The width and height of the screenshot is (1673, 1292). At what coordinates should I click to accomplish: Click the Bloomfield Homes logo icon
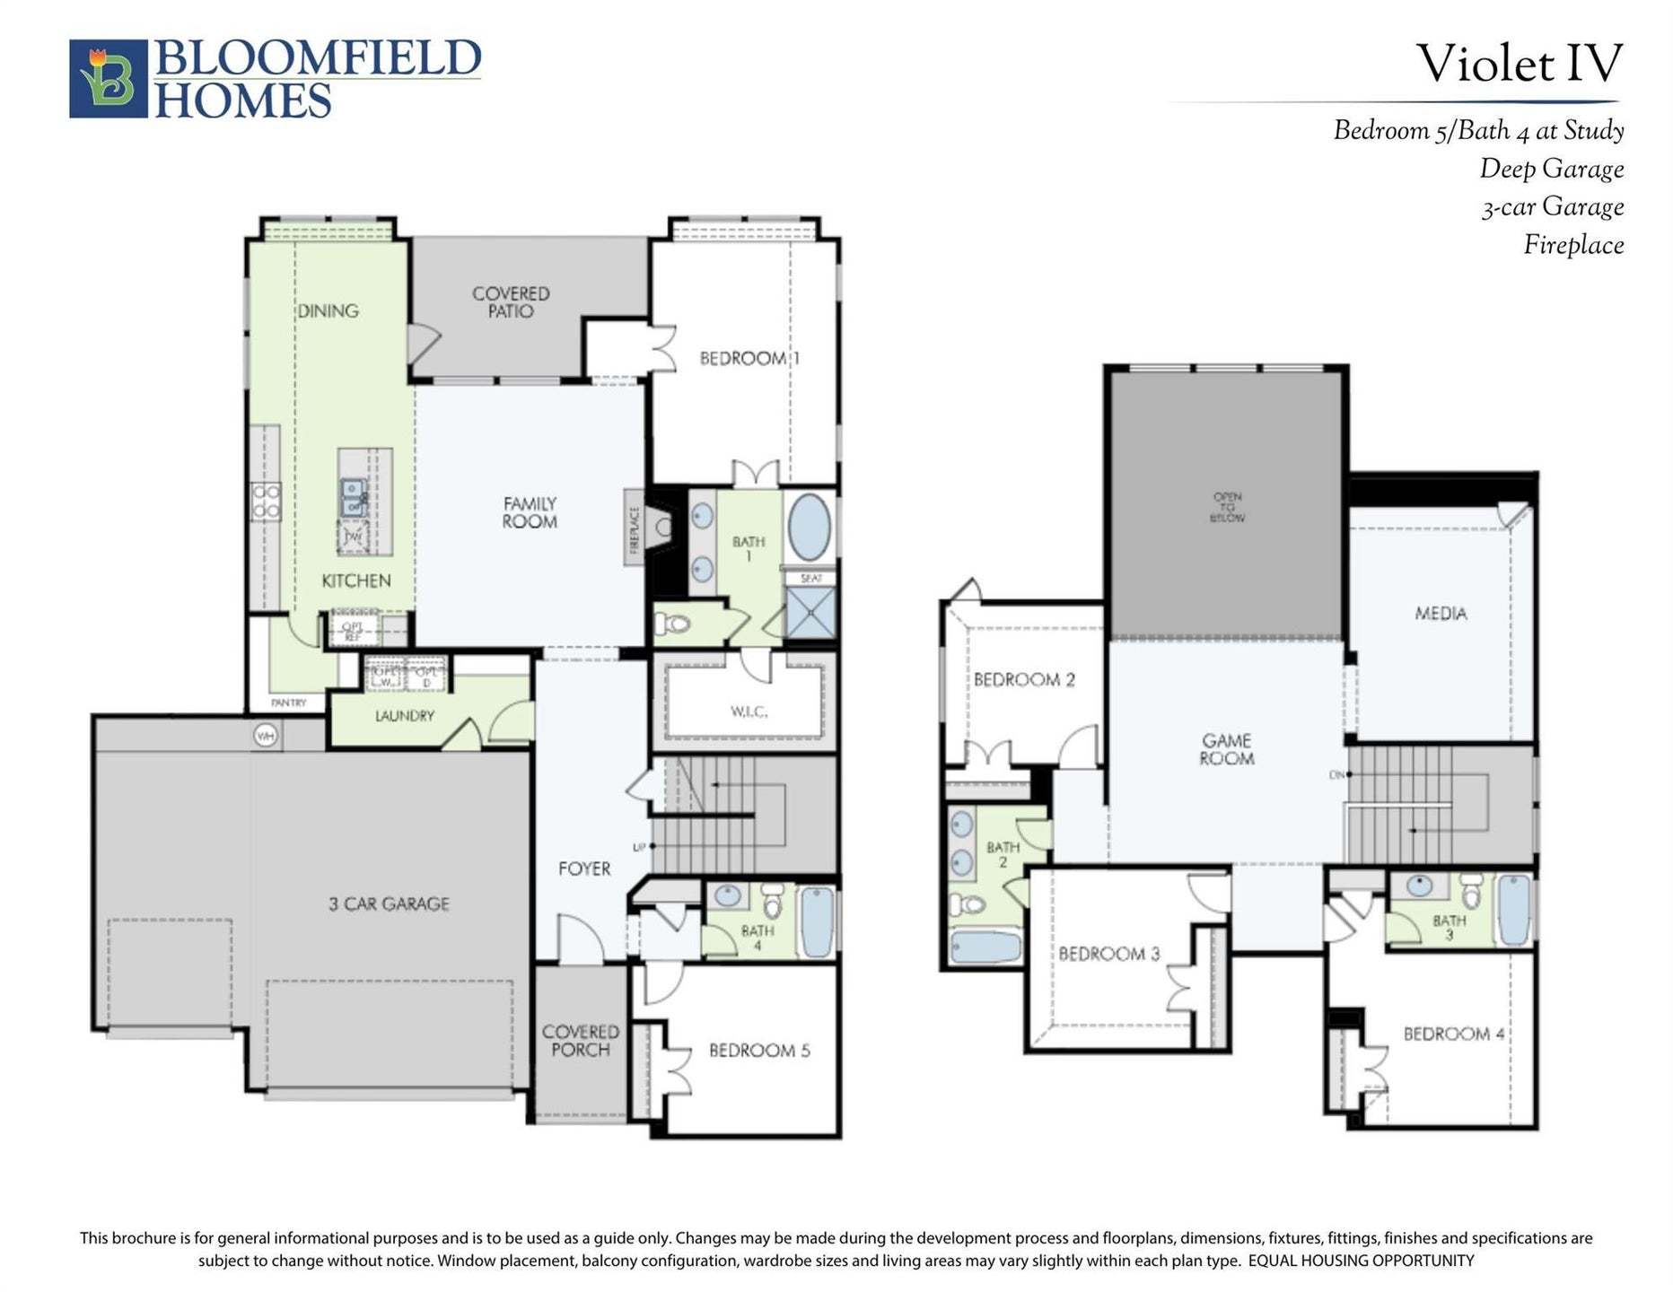click(x=109, y=78)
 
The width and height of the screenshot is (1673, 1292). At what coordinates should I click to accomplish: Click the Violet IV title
click(x=1519, y=64)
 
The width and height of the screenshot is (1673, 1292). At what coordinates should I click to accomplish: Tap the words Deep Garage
click(x=1551, y=169)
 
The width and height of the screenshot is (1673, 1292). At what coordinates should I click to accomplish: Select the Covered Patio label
click(x=511, y=302)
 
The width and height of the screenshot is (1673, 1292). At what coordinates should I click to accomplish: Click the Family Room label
click(x=530, y=512)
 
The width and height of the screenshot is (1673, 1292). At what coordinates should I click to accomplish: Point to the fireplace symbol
click(x=661, y=527)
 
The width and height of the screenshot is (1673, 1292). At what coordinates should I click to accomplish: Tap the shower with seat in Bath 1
click(x=810, y=612)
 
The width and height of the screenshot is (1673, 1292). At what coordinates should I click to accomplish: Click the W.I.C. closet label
click(x=748, y=711)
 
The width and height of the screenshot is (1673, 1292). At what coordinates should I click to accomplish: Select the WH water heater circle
click(x=265, y=736)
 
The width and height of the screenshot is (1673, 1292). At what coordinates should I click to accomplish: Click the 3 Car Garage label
click(x=389, y=904)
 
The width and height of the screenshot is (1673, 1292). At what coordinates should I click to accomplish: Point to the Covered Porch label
click(x=580, y=1041)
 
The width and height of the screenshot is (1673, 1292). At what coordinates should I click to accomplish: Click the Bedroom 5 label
click(x=759, y=1050)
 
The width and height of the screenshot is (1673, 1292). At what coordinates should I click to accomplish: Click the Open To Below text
click(x=1227, y=507)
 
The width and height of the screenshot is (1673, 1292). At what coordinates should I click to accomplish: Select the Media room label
click(x=1441, y=614)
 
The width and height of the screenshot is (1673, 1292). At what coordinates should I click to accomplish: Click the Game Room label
click(x=1227, y=749)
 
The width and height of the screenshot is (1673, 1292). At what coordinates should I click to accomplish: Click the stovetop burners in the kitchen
click(x=267, y=502)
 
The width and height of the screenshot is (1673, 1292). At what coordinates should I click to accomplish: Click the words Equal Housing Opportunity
click(x=1361, y=1261)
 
